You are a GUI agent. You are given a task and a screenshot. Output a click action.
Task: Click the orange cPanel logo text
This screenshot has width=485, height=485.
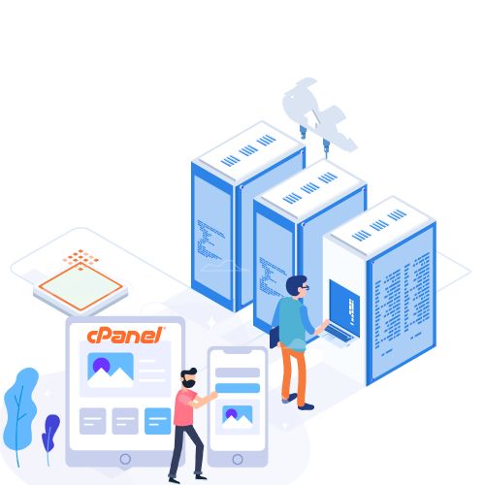[x=126, y=336]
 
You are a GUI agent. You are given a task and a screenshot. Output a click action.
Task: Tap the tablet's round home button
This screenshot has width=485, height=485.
[x=125, y=459]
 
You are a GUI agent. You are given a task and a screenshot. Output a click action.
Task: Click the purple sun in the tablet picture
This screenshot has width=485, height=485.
[x=101, y=366]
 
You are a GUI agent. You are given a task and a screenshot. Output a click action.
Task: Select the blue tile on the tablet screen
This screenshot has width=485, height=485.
[x=157, y=421]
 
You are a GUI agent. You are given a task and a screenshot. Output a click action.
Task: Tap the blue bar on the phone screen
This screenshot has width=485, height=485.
[x=238, y=388]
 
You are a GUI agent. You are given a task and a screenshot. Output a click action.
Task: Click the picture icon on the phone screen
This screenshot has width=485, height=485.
[x=238, y=417]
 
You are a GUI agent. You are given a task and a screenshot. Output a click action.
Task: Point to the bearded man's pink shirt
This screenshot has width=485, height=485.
[x=185, y=407]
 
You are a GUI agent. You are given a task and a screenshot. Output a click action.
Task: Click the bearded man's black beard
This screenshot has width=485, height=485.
[x=188, y=383]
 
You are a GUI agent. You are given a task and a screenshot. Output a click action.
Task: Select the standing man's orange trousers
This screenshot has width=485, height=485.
[x=293, y=373]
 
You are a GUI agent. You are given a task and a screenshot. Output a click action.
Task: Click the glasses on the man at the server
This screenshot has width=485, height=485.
[x=306, y=287]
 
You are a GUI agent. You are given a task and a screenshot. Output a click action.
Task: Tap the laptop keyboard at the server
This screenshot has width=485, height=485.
[x=339, y=334]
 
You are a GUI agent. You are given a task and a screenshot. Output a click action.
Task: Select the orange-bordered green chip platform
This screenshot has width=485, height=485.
[x=81, y=287]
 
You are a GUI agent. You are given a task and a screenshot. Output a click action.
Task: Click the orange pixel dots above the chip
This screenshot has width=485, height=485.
[x=81, y=259]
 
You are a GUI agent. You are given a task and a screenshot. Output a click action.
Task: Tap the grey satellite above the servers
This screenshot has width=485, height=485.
[x=318, y=114]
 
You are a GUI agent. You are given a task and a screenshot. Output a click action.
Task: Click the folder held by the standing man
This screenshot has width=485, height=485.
[x=275, y=338]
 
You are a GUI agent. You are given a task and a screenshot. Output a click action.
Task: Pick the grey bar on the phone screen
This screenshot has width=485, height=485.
[x=238, y=372]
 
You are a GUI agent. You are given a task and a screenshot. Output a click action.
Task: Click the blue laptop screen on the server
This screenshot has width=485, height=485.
[x=344, y=307]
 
